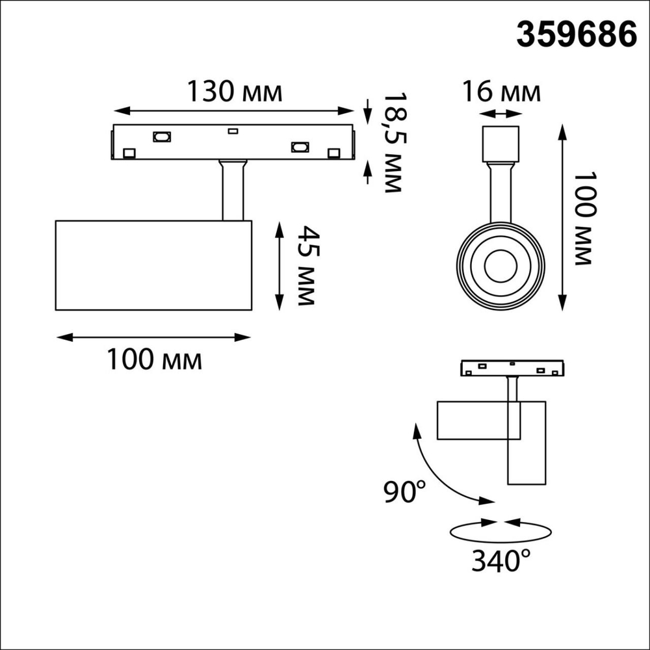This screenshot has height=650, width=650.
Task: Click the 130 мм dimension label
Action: (x=235, y=91)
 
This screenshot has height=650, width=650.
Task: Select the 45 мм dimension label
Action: (x=307, y=266)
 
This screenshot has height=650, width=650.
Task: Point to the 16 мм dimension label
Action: (x=501, y=92)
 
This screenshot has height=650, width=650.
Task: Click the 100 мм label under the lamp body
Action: (x=155, y=359)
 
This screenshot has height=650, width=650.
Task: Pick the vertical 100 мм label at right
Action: (x=584, y=218)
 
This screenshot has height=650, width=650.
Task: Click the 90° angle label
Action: (x=404, y=491)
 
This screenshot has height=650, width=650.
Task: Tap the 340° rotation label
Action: (x=500, y=561)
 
